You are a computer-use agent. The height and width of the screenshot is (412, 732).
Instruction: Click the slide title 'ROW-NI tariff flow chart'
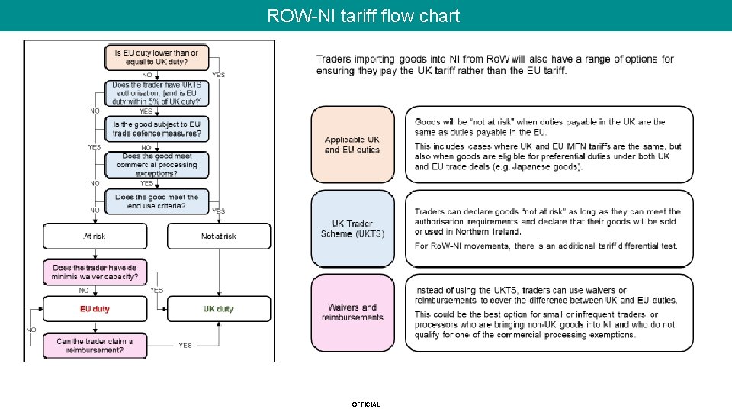(364, 15)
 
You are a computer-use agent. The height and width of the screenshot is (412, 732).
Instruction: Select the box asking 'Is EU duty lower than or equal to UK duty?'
(156, 57)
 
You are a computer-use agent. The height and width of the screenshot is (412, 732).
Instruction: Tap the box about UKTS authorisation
(156, 93)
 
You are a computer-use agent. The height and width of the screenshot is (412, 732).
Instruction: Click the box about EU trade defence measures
(156, 129)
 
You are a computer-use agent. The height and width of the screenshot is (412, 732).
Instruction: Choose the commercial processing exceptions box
(156, 165)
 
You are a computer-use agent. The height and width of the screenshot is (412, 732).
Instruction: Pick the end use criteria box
(156, 201)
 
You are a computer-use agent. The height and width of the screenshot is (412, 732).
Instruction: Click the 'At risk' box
(95, 237)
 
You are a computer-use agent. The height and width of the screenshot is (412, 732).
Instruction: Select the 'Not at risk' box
(219, 237)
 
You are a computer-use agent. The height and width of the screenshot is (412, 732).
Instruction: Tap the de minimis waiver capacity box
(95, 272)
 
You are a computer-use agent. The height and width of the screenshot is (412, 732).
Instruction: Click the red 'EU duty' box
(95, 309)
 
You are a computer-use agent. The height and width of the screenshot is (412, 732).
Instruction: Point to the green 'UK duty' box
(219, 309)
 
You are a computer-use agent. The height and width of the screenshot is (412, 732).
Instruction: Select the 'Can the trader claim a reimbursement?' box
(95, 346)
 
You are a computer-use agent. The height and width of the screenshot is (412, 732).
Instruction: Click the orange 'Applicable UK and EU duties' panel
(352, 145)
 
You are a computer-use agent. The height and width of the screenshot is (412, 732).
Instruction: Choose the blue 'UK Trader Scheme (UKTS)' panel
(352, 229)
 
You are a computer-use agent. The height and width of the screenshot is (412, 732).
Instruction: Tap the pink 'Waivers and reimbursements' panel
(352, 313)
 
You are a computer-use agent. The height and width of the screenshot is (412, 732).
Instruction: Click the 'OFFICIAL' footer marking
(365, 404)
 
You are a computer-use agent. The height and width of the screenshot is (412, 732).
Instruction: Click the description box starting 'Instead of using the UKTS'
(549, 313)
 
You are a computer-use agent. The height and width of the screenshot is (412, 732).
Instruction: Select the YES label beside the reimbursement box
(185, 346)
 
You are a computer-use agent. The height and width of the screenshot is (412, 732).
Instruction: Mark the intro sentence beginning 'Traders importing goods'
(495, 65)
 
